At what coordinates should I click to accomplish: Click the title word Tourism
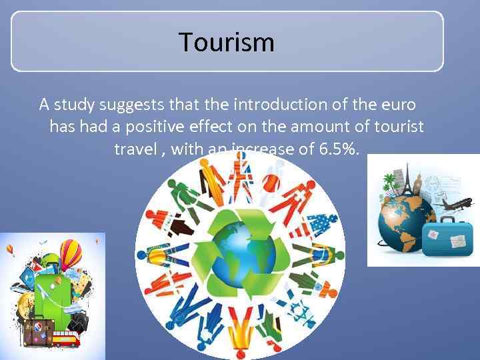227,43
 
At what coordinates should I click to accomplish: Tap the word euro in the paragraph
398,105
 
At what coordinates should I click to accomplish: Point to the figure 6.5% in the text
339,149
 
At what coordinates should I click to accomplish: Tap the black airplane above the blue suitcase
454,204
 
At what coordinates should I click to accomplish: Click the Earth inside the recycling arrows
239,253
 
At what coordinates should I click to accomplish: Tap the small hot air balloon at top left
10,249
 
